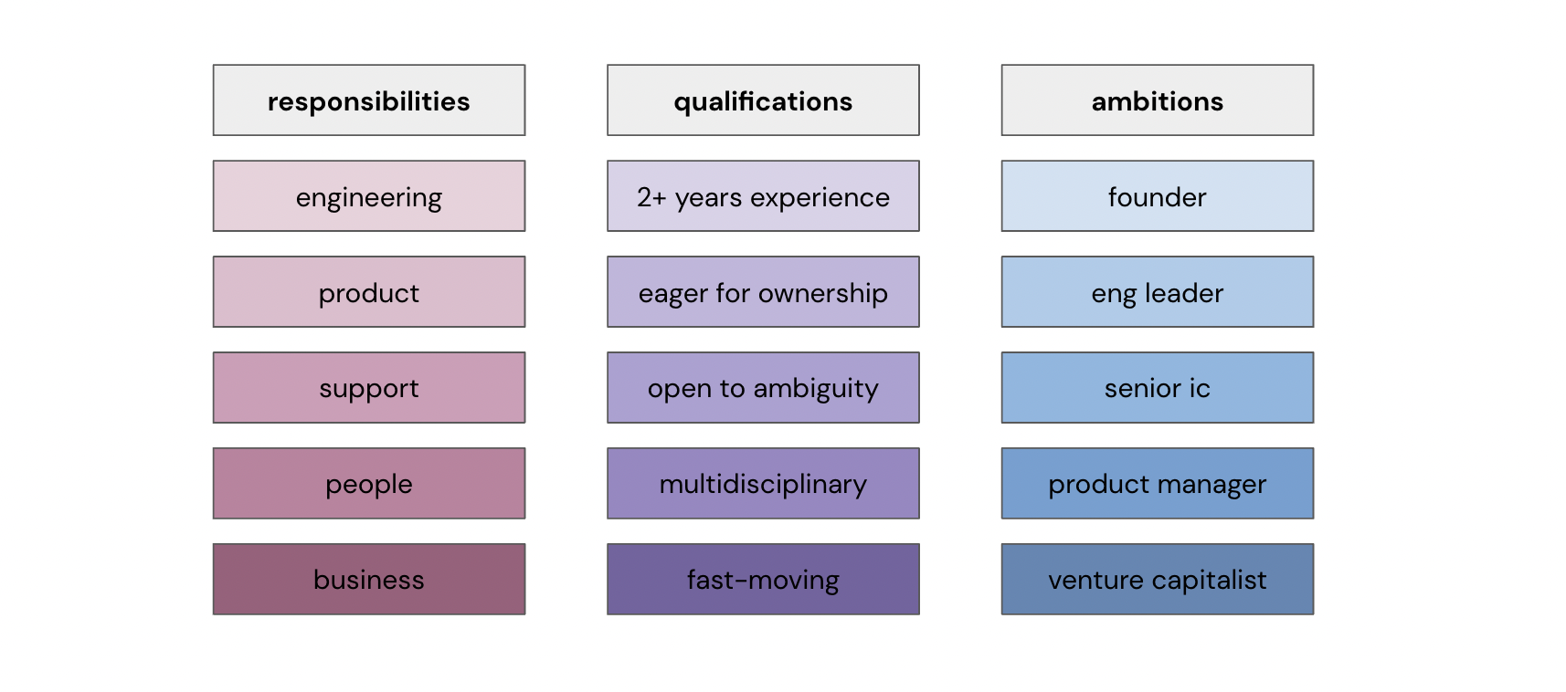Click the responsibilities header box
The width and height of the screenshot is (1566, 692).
pyautogui.click(x=369, y=100)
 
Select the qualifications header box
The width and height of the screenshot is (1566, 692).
pyautogui.click(x=764, y=100)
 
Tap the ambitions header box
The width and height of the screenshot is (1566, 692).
pyautogui.click(x=1158, y=100)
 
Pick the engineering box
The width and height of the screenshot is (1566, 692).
pyautogui.click(x=369, y=196)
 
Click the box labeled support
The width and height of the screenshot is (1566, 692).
pyautogui.click(x=369, y=388)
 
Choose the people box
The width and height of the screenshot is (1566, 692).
pyautogui.click(x=369, y=483)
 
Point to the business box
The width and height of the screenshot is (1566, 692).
pyautogui.click(x=369, y=579)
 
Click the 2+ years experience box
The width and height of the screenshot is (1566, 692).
pyautogui.click(x=764, y=196)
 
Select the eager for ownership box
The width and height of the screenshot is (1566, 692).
pyautogui.click(x=764, y=292)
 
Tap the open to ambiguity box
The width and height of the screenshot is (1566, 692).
pyautogui.click(x=764, y=388)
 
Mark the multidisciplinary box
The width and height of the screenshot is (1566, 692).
pyautogui.click(x=764, y=483)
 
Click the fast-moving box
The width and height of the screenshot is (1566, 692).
pyautogui.click(x=764, y=579)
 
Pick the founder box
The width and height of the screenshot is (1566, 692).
pyautogui.click(x=1158, y=196)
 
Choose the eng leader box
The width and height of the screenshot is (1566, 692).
pyautogui.click(x=1158, y=292)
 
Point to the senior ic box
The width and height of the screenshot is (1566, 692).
pyautogui.click(x=1158, y=388)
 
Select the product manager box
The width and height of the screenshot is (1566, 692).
pyautogui.click(x=1158, y=483)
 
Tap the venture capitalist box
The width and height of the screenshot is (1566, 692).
pyautogui.click(x=1158, y=579)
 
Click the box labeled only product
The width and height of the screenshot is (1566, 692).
pyautogui.click(x=369, y=292)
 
